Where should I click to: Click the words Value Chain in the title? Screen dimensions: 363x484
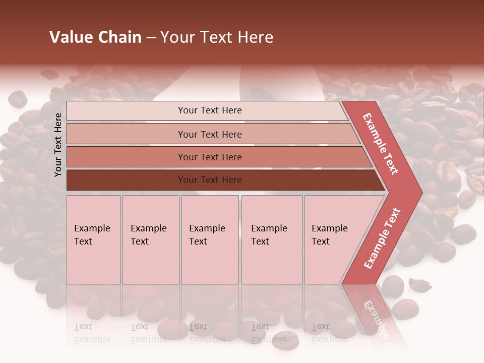coord(95,37)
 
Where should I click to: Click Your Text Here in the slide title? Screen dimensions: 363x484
coord(217,37)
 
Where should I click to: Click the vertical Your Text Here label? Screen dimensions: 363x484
coord(58,145)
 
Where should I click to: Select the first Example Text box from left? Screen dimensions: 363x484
coord(93,239)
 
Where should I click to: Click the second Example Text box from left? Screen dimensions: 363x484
coord(150,239)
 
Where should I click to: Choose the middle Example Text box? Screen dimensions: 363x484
coord(210,239)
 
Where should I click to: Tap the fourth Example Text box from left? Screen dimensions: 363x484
coord(271,239)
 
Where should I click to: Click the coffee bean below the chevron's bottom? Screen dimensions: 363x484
coord(392,286)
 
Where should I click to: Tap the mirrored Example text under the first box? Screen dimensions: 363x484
coord(92,339)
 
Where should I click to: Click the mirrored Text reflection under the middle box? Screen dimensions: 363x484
coord(198,327)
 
